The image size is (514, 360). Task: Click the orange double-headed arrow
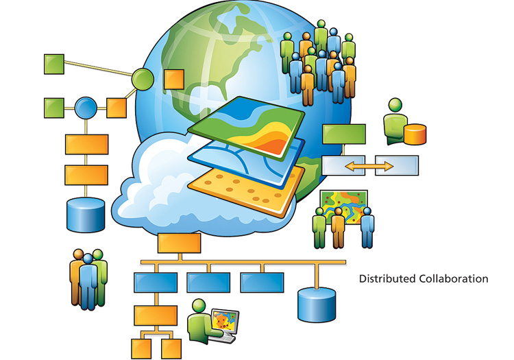click(x=369, y=166)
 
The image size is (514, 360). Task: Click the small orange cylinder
click(x=415, y=134)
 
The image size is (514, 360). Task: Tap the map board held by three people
click(x=344, y=204)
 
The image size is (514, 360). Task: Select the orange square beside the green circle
click(x=173, y=80)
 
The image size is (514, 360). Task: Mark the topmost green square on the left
click(x=54, y=64)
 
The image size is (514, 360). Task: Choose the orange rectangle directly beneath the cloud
click(x=180, y=242)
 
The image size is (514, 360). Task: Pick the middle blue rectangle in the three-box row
click(x=208, y=282)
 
